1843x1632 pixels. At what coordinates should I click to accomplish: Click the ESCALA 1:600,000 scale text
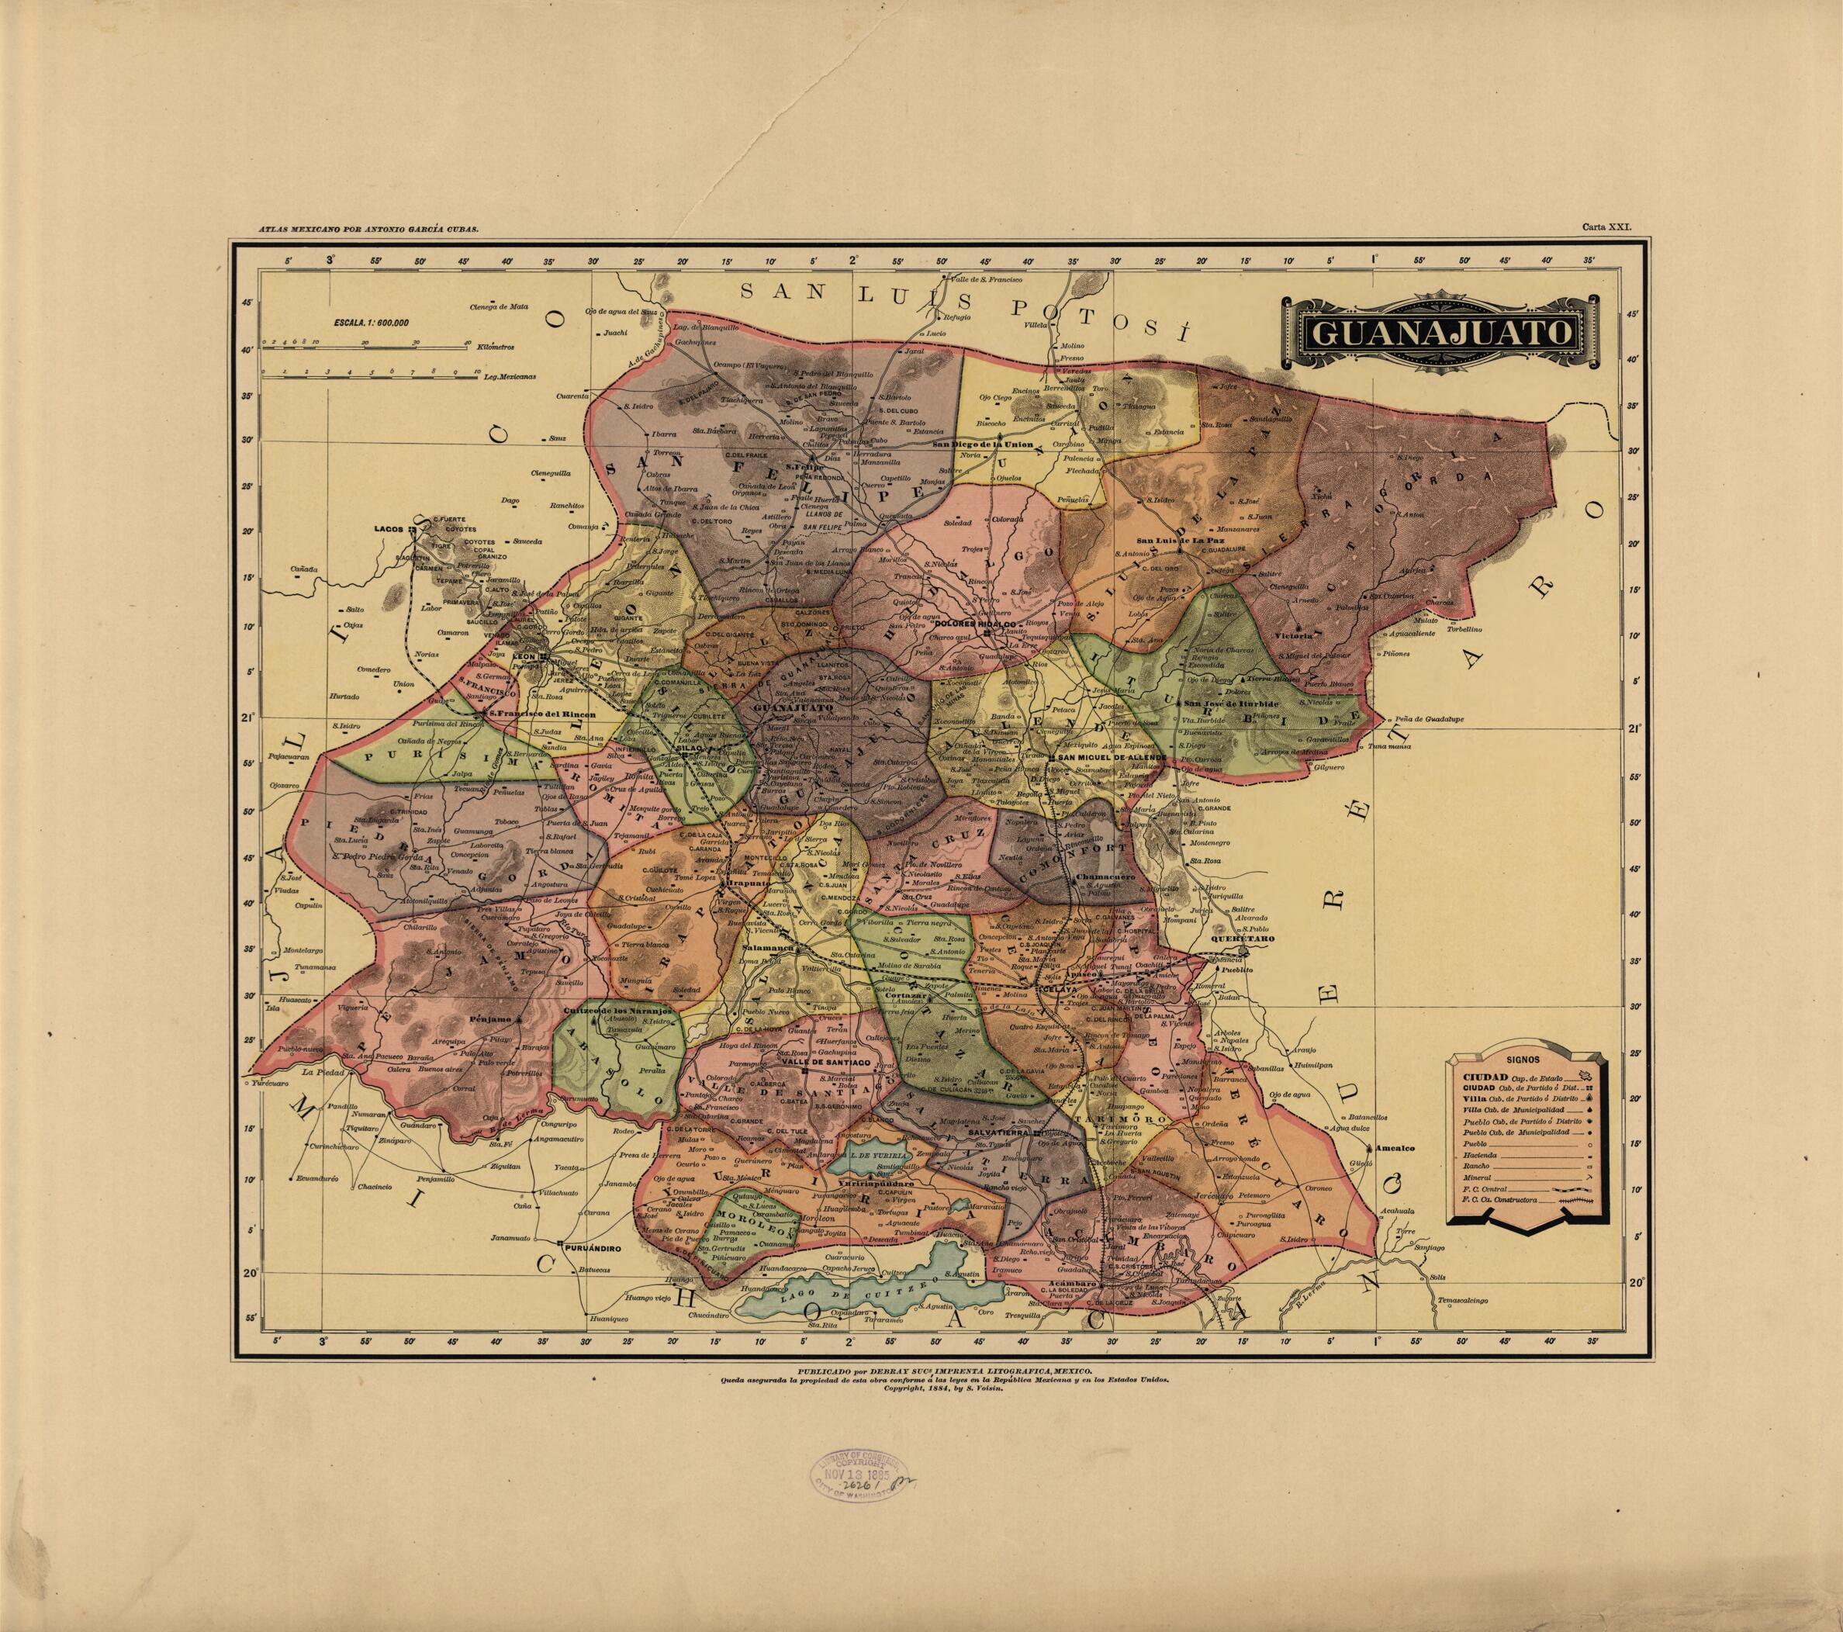coord(371,322)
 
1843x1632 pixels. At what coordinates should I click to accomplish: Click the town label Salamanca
coord(766,949)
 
